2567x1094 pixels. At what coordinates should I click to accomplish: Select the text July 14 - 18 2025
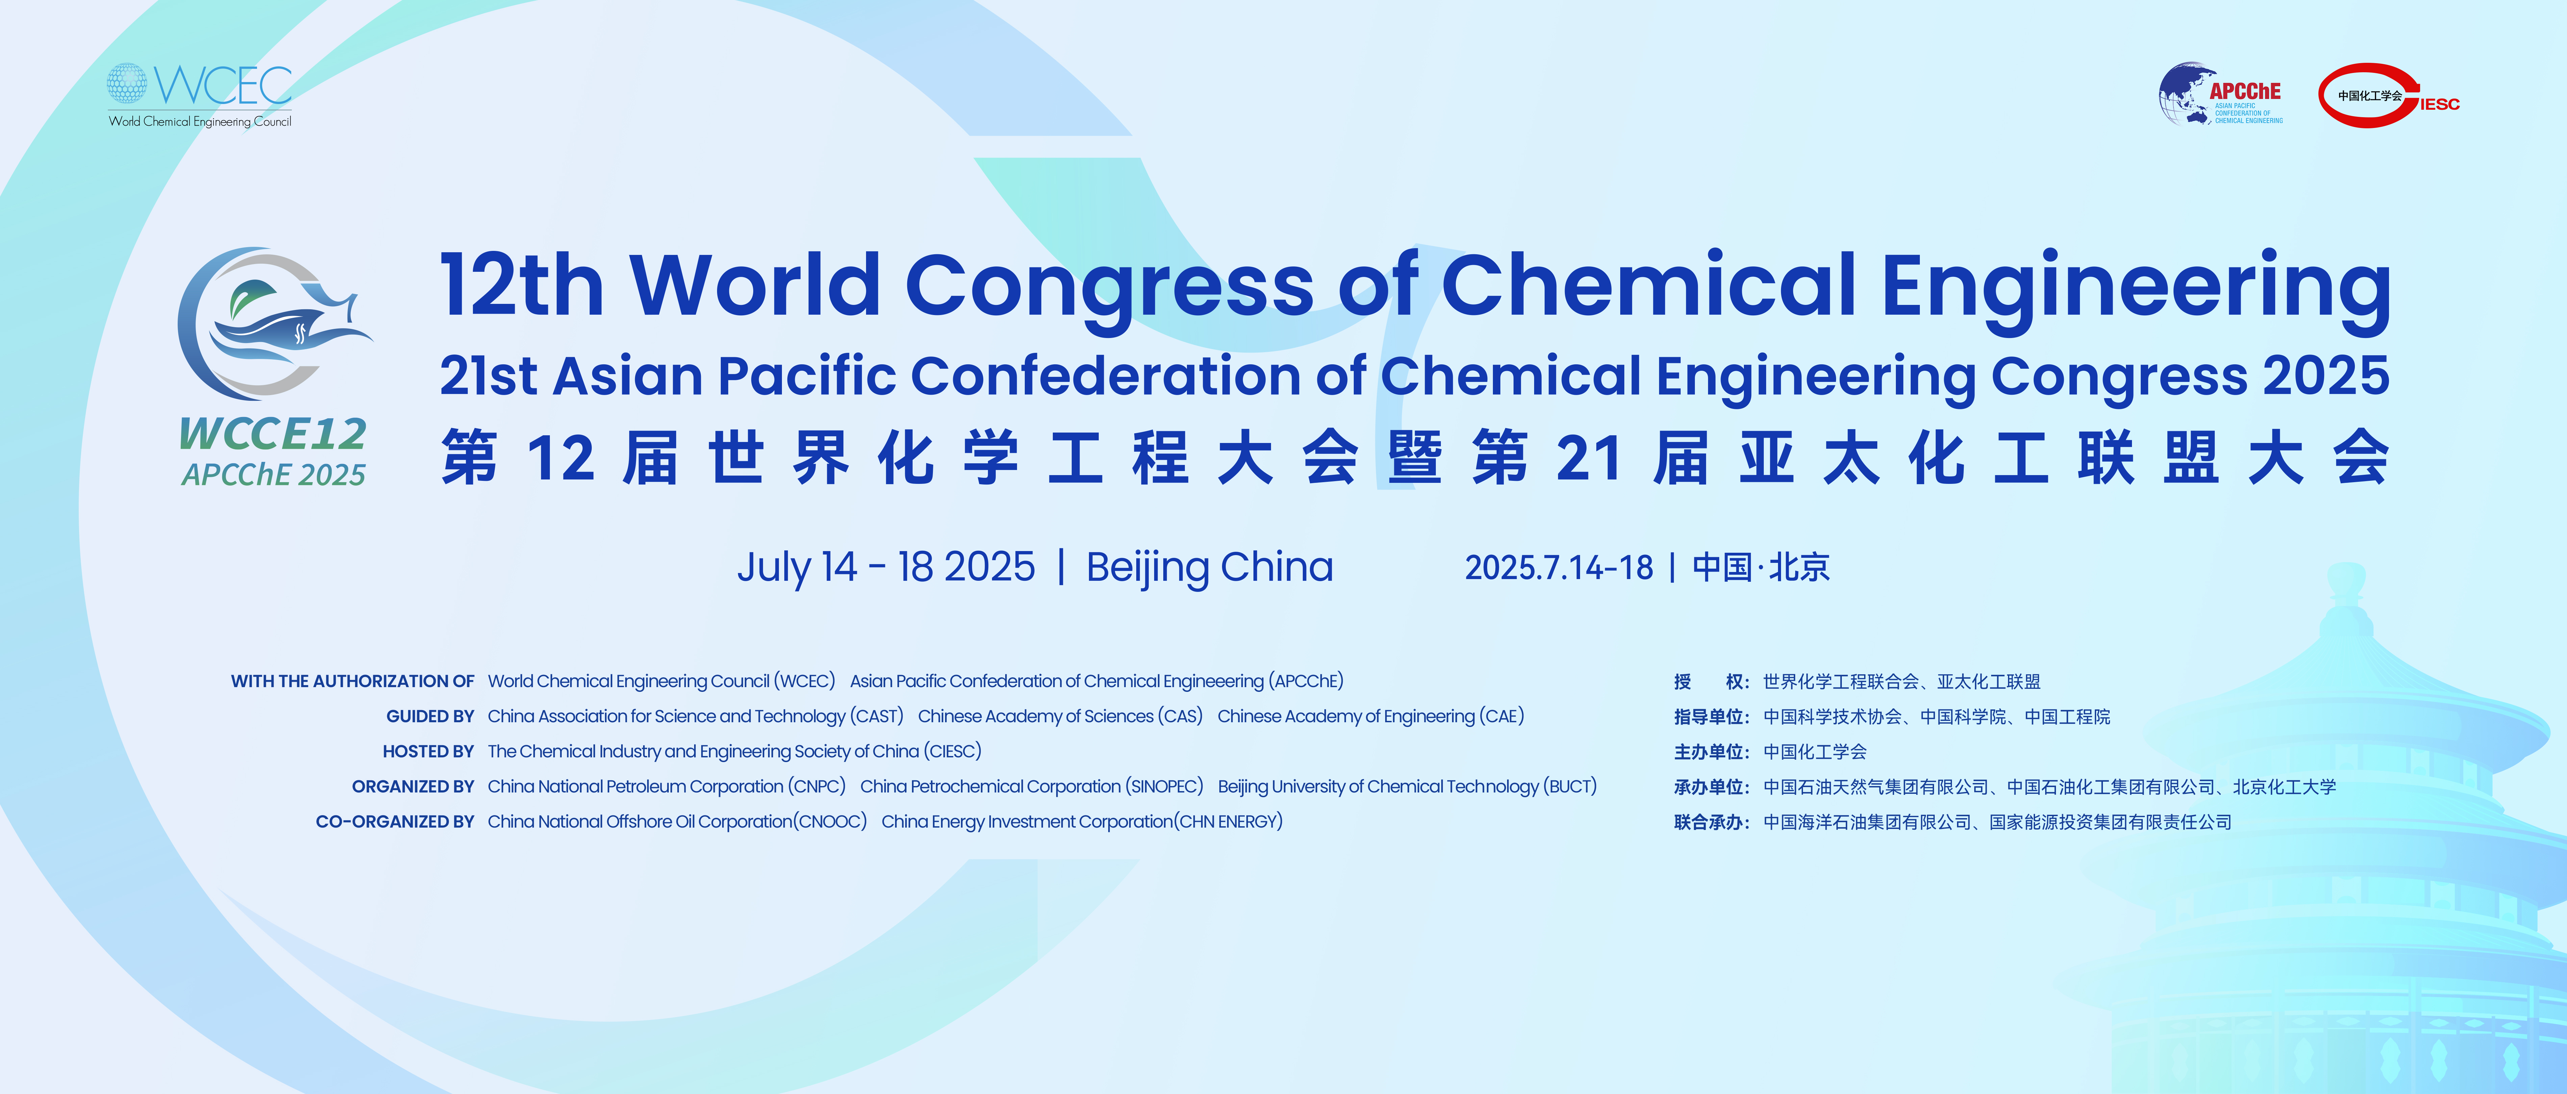click(x=886, y=567)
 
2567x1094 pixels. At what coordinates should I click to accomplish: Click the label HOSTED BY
click(x=429, y=751)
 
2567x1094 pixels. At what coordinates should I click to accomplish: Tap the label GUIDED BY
click(x=431, y=717)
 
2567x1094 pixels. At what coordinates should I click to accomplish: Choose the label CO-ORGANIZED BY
click(x=395, y=822)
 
